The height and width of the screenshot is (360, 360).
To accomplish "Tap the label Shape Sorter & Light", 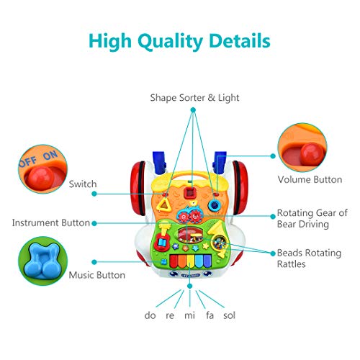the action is click(x=194, y=98).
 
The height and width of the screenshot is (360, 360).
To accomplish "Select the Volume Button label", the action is click(x=310, y=179).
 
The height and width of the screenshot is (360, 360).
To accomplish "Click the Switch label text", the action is click(x=83, y=184).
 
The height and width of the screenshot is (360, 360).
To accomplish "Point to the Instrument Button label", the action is click(x=51, y=222).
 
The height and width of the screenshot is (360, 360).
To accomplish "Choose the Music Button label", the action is click(x=97, y=275).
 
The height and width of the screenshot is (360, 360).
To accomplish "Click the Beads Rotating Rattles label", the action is click(x=309, y=258).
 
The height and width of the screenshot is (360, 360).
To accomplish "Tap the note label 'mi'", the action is click(x=189, y=315).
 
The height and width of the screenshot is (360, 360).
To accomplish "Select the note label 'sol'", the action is click(x=229, y=315).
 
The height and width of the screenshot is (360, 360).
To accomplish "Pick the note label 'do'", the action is click(x=150, y=315).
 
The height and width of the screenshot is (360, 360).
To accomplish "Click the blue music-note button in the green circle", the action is click(x=43, y=261).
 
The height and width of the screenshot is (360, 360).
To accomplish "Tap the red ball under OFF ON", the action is click(x=39, y=178).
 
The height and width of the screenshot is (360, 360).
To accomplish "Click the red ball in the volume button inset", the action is click(x=311, y=154).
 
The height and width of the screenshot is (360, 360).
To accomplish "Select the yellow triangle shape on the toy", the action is click(x=164, y=204).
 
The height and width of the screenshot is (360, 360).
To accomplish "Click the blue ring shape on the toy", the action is click(x=214, y=205).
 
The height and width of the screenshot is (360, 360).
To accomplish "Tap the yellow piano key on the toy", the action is click(x=190, y=261).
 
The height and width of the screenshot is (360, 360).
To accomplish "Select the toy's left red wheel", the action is click(x=138, y=188).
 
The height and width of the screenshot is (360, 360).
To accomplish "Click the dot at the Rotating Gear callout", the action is click(x=273, y=216).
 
